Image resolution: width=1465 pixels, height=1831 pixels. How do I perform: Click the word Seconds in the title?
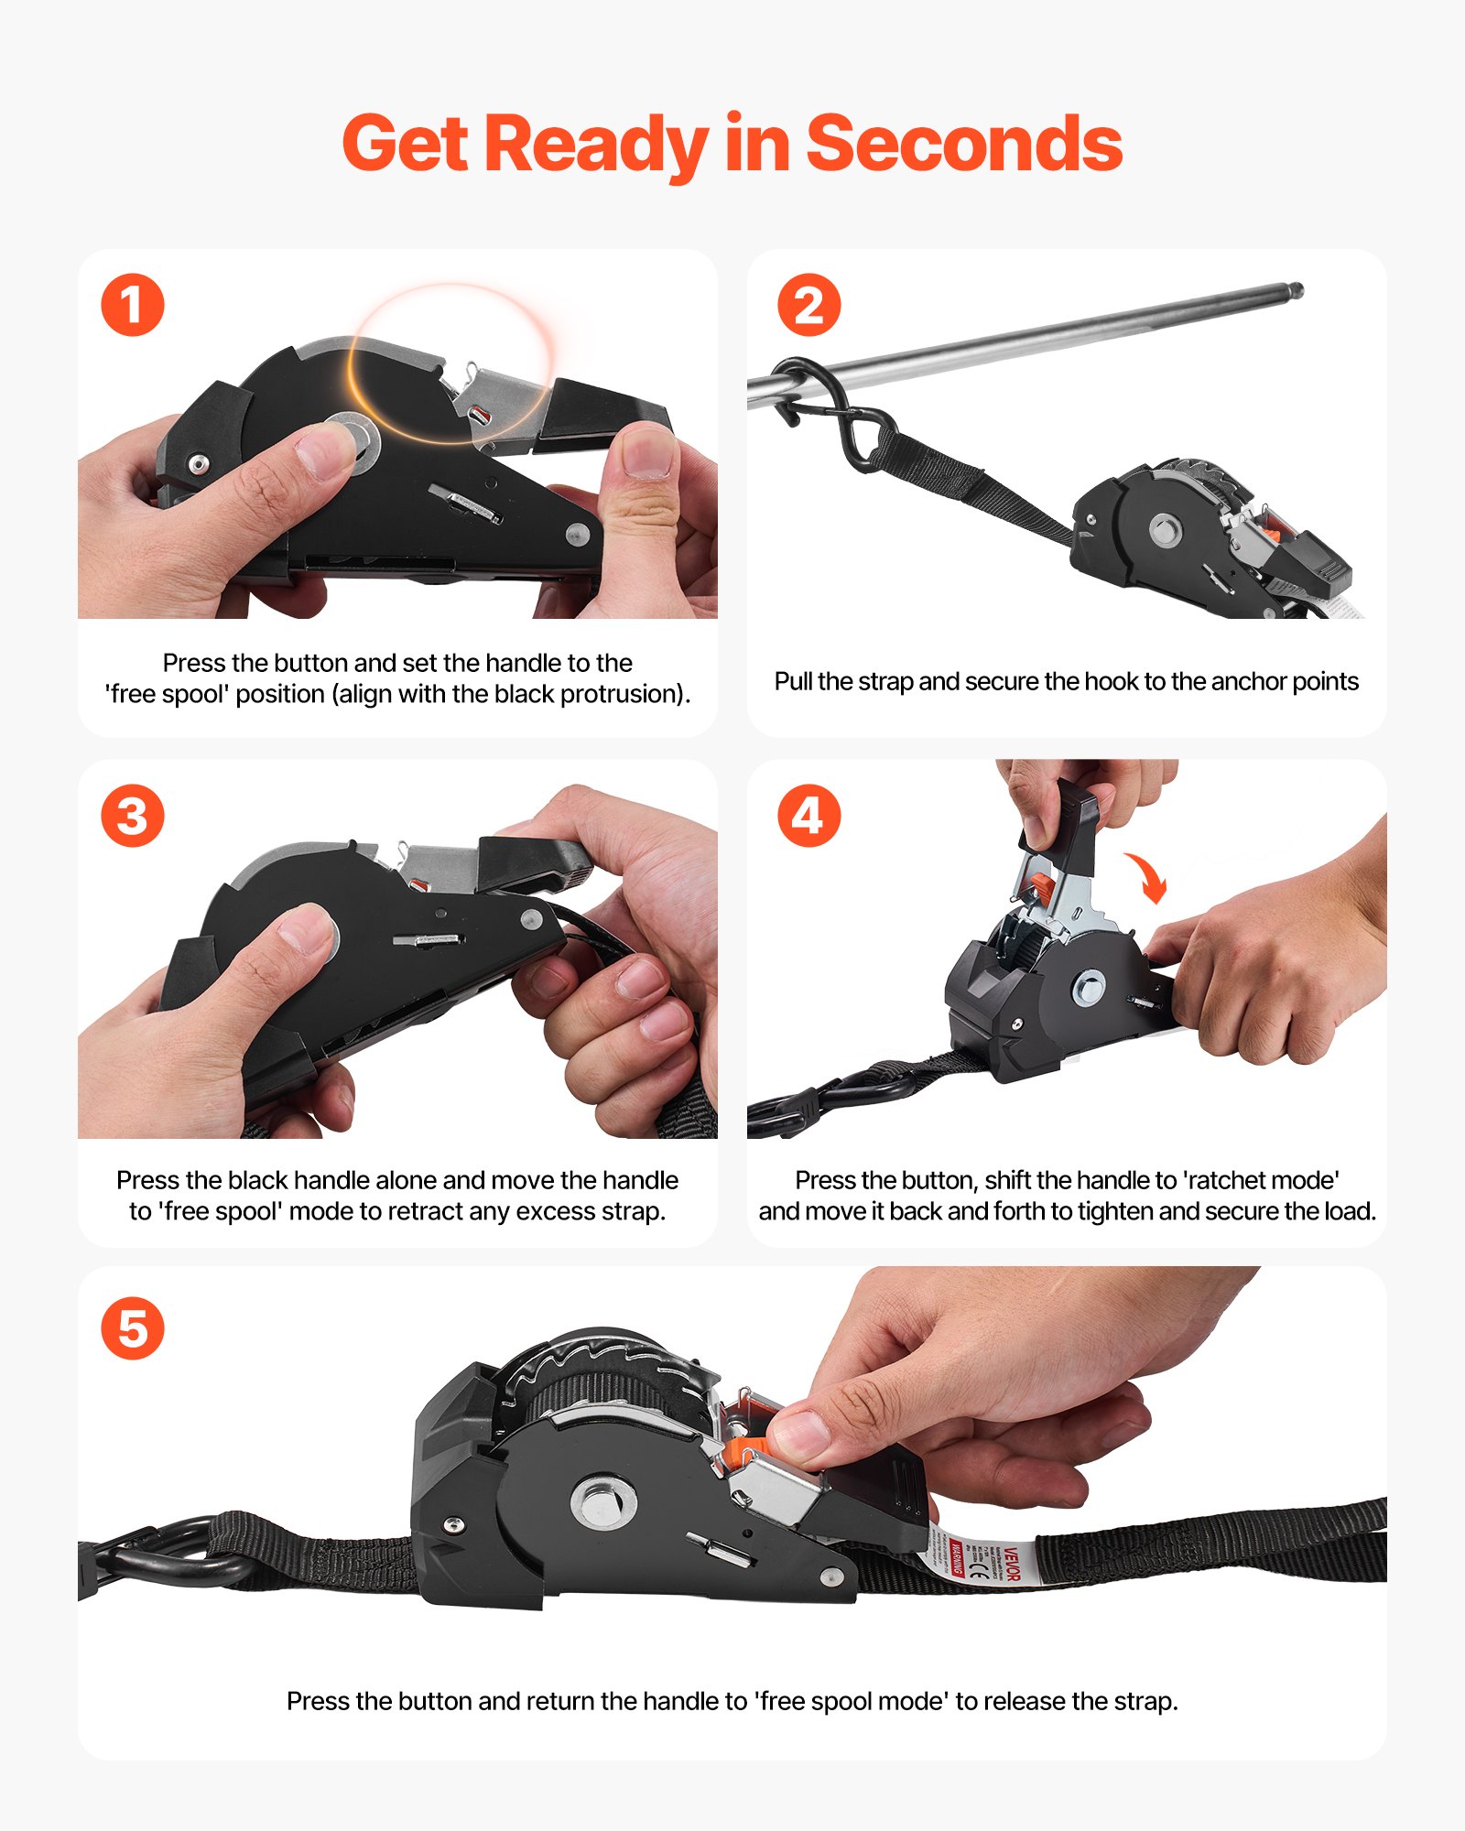(963, 144)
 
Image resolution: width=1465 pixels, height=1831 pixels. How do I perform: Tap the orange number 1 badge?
(133, 305)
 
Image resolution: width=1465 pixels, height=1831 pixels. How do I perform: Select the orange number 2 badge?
(809, 305)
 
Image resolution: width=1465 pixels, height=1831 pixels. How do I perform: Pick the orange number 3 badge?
(133, 816)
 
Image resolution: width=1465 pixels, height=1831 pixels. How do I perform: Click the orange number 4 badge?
(809, 816)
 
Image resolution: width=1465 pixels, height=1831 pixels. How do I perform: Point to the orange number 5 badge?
(133, 1328)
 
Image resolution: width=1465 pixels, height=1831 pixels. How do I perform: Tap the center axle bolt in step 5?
(603, 1501)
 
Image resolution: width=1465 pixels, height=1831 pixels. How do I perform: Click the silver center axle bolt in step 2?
(1165, 529)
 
